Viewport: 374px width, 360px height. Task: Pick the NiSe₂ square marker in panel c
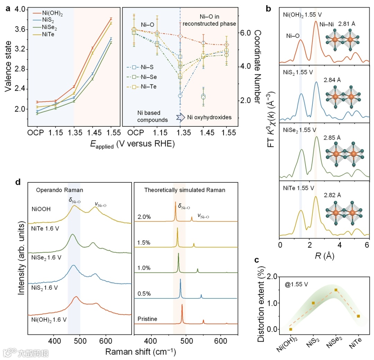[336, 290]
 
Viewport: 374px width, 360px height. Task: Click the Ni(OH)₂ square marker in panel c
[291, 329]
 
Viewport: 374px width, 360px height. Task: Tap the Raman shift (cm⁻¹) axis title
[140, 352]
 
